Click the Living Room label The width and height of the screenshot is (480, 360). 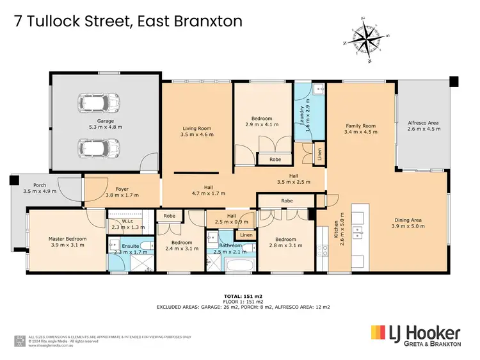[196, 129]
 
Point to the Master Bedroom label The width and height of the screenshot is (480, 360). [67, 239]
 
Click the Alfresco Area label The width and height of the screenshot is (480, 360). [423, 122]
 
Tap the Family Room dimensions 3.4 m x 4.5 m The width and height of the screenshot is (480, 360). [361, 132]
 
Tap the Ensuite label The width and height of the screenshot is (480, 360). [126, 247]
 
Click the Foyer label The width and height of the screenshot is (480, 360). [104, 190]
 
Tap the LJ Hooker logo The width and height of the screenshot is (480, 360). [415, 335]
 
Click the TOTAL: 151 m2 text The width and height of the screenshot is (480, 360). [239, 295]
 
